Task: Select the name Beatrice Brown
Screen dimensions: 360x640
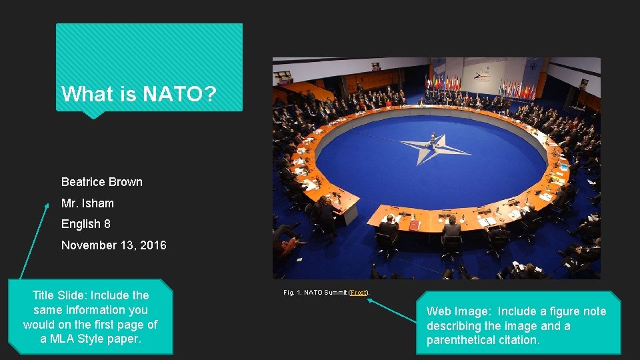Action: click(101, 182)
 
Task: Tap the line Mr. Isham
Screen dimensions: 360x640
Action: click(87, 203)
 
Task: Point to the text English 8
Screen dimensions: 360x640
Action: click(86, 225)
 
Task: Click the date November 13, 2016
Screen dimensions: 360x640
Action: click(114, 245)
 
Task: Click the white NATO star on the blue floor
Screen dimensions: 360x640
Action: click(434, 147)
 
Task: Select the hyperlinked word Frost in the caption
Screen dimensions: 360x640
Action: click(359, 293)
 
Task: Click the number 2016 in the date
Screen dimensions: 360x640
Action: click(153, 245)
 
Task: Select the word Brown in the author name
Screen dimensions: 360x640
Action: click(126, 182)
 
